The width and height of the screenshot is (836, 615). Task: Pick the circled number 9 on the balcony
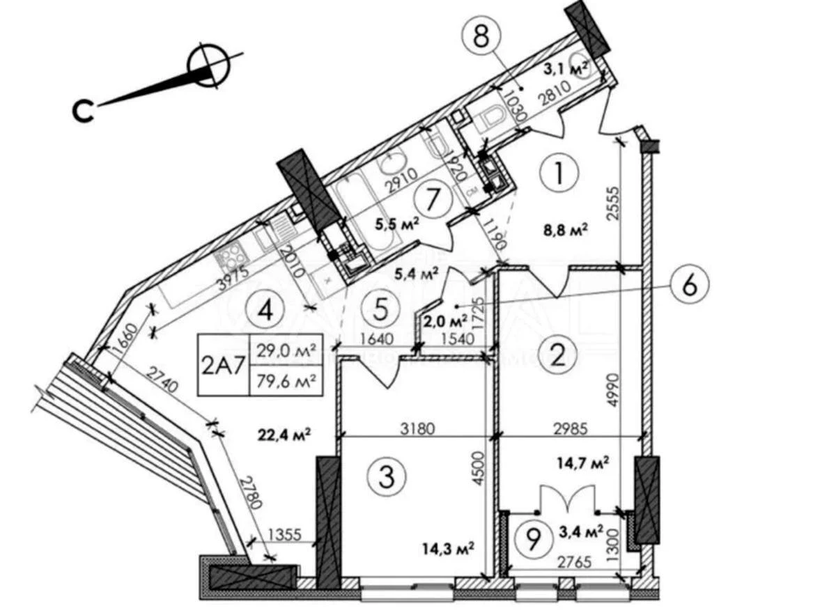(533, 538)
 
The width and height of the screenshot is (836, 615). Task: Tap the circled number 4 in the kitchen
(263, 309)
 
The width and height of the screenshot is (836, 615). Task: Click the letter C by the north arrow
(84, 111)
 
